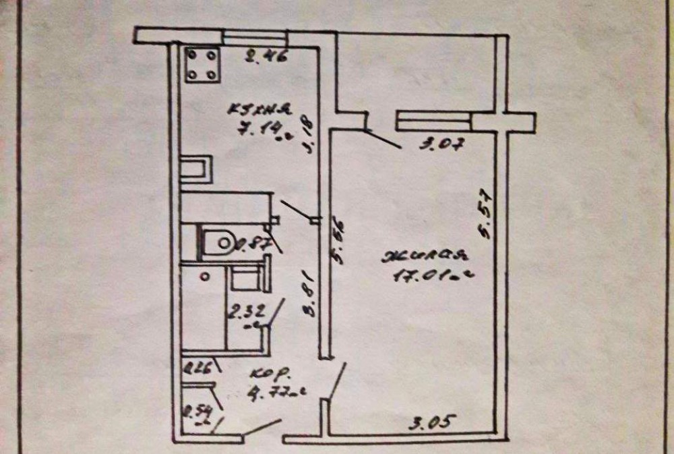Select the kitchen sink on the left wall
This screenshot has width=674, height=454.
196,168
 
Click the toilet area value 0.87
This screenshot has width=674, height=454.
251,245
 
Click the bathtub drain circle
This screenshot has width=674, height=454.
206,275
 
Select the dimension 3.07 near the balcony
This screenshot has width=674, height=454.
438,144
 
